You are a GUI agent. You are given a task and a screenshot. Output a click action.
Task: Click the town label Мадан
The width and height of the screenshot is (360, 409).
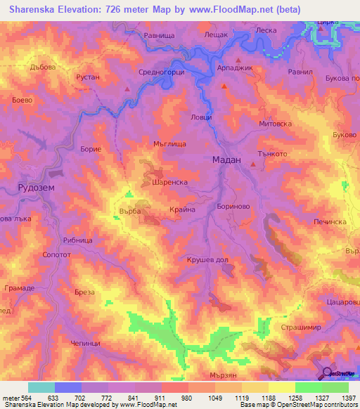[226, 160]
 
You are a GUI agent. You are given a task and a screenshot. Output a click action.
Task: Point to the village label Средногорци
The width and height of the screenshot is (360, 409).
[162, 72]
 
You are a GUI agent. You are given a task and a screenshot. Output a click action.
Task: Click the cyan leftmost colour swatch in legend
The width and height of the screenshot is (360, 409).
[41, 387]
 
